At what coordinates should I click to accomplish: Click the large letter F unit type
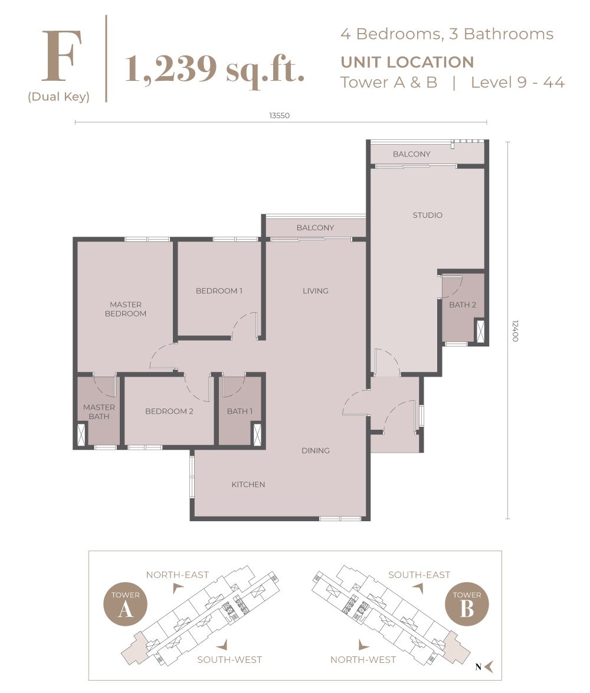coord(58,55)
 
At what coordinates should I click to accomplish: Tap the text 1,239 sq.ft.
coord(215,69)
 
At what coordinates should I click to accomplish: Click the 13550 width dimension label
coord(279,116)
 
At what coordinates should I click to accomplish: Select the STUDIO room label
coord(427,215)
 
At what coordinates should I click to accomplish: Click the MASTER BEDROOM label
coord(126,309)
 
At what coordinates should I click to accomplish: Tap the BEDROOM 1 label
coord(219,290)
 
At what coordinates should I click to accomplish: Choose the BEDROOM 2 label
coord(169,411)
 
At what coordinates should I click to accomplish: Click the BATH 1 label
coord(240,411)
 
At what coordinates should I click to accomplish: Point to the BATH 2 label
coord(462,305)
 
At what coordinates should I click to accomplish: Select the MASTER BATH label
coord(99,411)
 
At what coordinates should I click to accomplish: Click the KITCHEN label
coord(248,485)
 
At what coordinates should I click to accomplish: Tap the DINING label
coord(315,450)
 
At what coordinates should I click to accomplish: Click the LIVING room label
coord(315,290)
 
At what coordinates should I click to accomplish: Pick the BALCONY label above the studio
coord(411,154)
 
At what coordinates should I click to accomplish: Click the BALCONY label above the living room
coord(315,227)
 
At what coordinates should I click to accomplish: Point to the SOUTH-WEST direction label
coord(230,659)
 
